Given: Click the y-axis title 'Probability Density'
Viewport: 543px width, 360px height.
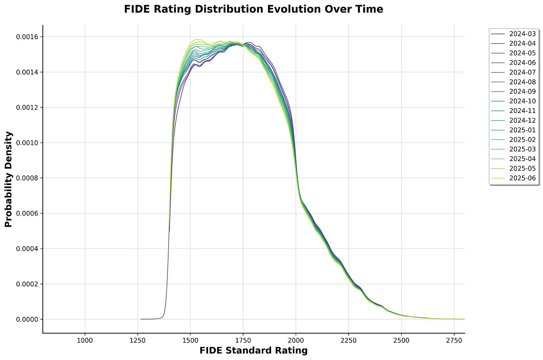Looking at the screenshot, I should (9, 179).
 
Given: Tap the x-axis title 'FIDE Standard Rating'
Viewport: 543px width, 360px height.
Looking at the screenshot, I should (254, 351).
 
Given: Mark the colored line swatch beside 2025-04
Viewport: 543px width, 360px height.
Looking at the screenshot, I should (498, 159).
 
